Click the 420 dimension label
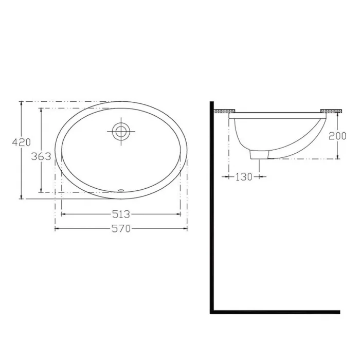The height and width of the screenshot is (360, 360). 21,142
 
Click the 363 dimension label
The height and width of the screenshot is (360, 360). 41,156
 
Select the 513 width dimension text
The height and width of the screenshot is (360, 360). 121,213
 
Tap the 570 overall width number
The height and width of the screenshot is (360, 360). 121,229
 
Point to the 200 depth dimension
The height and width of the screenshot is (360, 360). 337,136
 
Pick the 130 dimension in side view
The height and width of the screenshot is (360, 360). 244,177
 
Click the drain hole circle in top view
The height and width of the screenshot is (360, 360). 121,131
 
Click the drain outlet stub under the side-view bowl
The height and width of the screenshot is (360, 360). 259,154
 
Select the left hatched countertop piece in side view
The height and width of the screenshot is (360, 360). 225,111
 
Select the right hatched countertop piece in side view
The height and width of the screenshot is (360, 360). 331,111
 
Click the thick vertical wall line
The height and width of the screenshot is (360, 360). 212,206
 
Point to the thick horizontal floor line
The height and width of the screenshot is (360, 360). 275,312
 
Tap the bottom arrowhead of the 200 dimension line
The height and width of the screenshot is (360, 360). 337,157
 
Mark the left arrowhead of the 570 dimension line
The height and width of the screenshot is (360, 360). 56,229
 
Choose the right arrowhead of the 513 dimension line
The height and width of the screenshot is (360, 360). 179,213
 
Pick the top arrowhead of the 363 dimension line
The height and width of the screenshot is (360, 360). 41,110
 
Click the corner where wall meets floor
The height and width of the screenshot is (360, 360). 212,312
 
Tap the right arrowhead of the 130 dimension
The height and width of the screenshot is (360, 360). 265,177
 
